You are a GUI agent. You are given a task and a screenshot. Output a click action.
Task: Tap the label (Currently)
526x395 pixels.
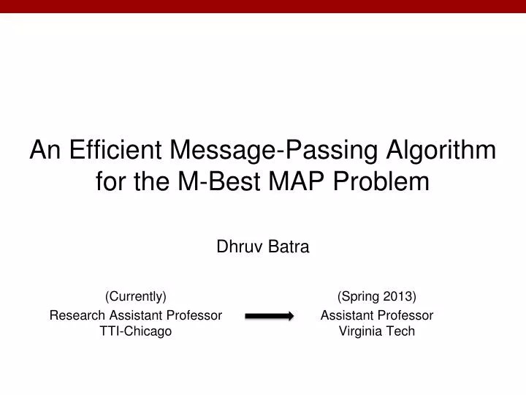pos(136,296)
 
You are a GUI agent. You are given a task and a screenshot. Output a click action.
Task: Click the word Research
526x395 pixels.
pos(74,315)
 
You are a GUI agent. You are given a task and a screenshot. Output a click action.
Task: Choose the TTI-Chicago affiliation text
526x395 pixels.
pos(136,331)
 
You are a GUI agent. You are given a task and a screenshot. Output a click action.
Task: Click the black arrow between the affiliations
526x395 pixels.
pos(268,316)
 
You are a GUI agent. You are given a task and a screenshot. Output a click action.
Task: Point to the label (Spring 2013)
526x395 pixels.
pos(377,296)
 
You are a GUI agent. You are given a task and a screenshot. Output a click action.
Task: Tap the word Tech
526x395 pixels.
pos(401,331)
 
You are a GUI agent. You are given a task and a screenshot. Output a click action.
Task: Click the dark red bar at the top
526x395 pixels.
pos(263,7)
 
